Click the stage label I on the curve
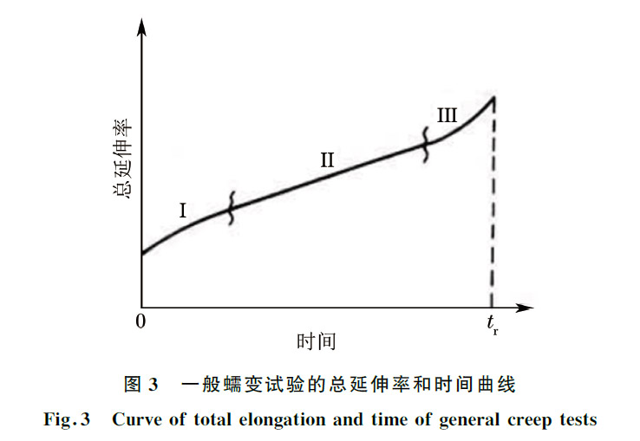tap(184, 210)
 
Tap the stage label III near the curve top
tap(447, 114)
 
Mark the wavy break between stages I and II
tap(231, 208)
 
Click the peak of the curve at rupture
tap(493, 95)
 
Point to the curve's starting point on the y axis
tap(142, 254)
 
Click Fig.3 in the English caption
tap(67, 419)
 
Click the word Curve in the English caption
tap(132, 419)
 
